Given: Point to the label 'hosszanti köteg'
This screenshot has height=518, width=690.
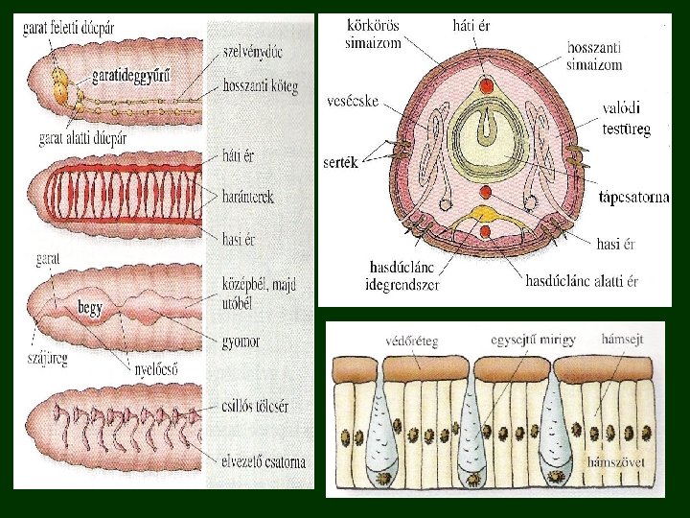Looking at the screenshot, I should [260, 86].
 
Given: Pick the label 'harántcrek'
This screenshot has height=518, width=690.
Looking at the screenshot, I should [247, 197].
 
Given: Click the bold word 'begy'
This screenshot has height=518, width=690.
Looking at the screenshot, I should [92, 308].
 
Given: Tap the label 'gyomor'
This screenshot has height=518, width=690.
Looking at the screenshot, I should [240, 341].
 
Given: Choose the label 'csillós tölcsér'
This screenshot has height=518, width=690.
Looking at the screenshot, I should [254, 407].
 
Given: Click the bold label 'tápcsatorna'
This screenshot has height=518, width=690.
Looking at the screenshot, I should [633, 198].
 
